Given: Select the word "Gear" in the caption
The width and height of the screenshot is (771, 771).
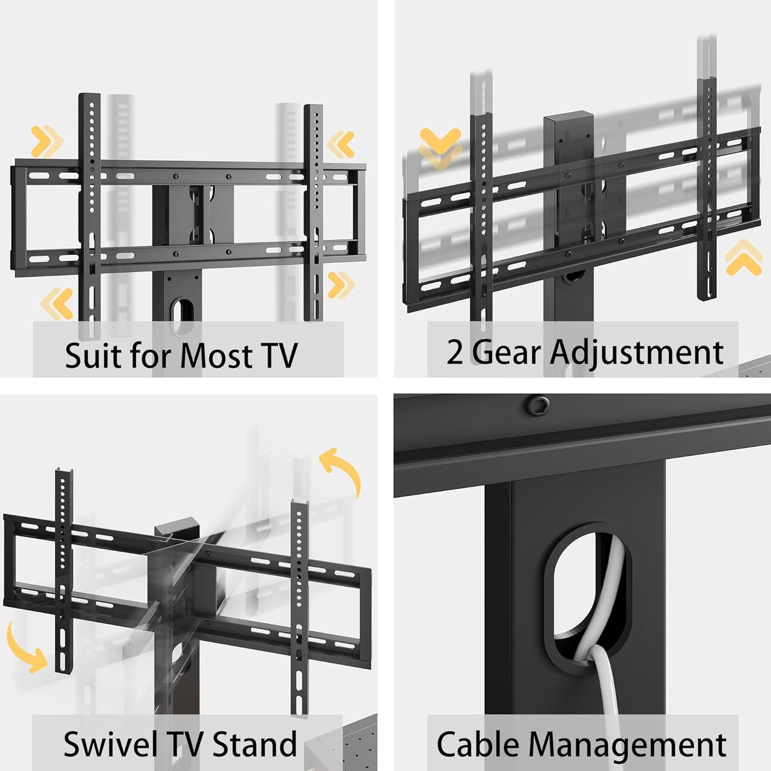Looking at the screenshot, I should (505, 352).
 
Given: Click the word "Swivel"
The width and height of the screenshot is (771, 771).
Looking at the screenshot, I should (110, 744).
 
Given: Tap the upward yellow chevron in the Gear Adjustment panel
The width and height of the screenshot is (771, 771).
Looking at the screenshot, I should (744, 258).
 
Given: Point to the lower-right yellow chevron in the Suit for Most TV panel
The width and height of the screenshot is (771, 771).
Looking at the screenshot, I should (340, 284).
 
